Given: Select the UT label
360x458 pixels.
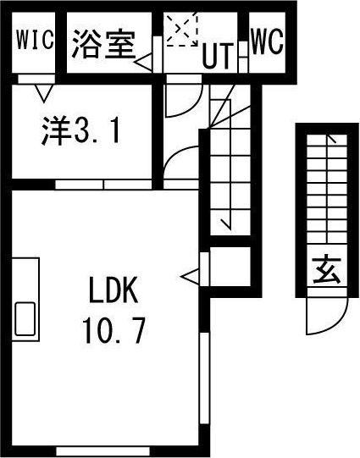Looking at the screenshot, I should pyautogui.click(x=219, y=56).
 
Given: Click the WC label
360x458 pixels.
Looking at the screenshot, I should pyautogui.click(x=267, y=40).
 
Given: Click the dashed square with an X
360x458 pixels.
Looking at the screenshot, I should pyautogui.click(x=180, y=31).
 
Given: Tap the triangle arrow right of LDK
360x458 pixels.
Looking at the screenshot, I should pyautogui.click(x=190, y=275).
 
